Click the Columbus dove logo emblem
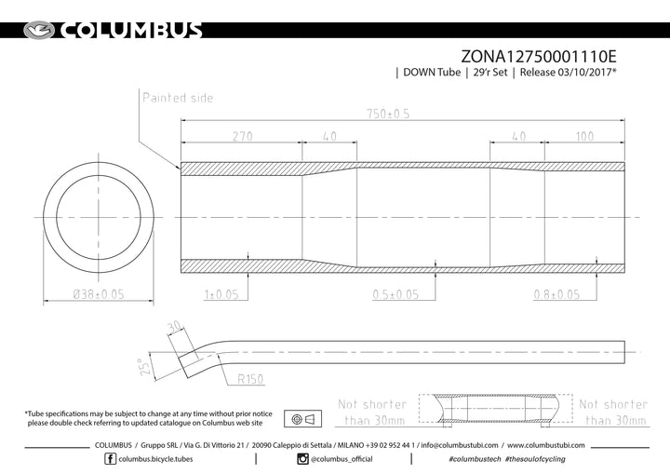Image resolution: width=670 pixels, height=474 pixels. pyautogui.click(x=39, y=31)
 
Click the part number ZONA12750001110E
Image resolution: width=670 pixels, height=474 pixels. pyautogui.click(x=539, y=57)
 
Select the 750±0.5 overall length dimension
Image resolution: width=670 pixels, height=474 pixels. pyautogui.click(x=388, y=114)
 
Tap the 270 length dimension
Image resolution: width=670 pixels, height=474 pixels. pyautogui.click(x=242, y=137)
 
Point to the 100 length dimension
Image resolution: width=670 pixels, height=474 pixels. pyautogui.click(x=584, y=137)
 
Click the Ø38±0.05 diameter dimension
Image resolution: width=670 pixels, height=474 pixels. pyautogui.click(x=99, y=294)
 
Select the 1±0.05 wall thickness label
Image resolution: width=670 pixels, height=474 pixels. pyautogui.click(x=221, y=294)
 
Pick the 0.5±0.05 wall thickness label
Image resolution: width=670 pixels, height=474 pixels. pyautogui.click(x=395, y=294)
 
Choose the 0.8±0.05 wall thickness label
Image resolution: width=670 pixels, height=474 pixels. pyautogui.click(x=556, y=294)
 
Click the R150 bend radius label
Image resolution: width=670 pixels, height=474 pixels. pyautogui.click(x=250, y=379)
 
